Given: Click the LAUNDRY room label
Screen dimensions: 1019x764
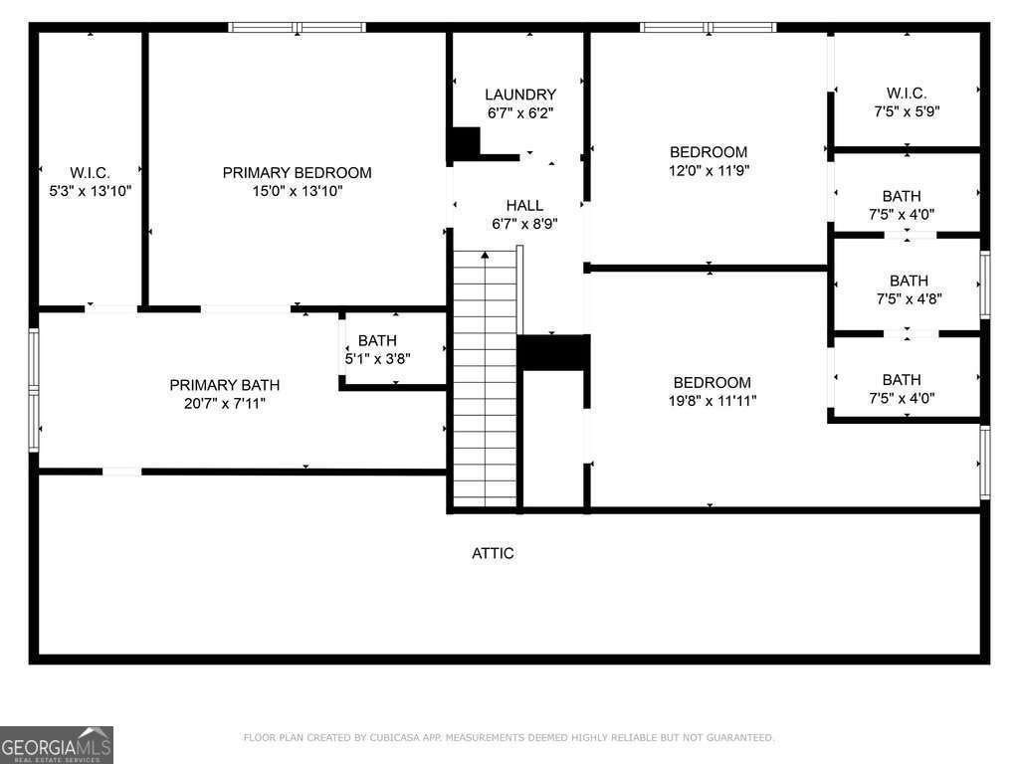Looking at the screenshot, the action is pos(520,95).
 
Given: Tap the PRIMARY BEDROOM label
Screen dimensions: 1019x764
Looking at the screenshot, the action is pos(297,173).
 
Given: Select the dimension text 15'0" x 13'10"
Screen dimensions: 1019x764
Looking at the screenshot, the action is pos(297,191).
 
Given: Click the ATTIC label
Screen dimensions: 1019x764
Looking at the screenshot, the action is pos(493,553).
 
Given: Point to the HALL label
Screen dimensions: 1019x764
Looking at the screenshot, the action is pos(524,205).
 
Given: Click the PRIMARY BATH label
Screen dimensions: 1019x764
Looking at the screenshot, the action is pos(224,385).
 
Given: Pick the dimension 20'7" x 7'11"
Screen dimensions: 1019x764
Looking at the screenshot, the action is pos(224,404).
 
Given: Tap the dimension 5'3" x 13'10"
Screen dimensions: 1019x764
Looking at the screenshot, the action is pos(91,191).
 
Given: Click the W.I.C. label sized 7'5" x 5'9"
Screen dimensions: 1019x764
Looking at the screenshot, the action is pos(907,93).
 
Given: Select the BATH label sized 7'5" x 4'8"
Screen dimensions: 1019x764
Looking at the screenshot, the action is pos(909,281).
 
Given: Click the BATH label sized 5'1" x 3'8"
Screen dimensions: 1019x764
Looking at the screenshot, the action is pos(377,340).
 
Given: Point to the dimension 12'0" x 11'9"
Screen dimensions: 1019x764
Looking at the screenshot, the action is pos(709,170).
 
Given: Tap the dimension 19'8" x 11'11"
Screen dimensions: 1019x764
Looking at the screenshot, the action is pos(713,401).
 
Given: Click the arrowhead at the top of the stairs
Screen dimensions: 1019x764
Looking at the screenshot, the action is pos(485,255).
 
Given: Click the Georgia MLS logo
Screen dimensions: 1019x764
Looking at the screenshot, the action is pos(57,745).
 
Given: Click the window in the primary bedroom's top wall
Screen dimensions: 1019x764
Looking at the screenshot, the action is pos(297,27).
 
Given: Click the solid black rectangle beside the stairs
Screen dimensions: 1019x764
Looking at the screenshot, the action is pos(553,353).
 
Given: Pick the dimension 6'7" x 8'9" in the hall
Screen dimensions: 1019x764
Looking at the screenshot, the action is pos(524,224).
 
